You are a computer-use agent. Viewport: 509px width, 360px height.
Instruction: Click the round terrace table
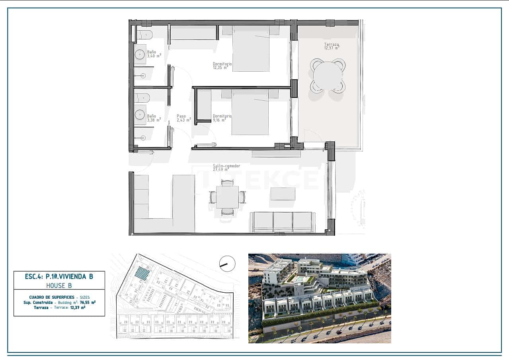click(x=328, y=76)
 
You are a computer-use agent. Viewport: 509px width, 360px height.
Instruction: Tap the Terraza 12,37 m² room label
click(x=332, y=46)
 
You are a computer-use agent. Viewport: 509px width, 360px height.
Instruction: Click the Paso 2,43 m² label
click(x=183, y=118)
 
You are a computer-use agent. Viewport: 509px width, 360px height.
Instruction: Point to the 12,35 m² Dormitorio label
click(x=222, y=66)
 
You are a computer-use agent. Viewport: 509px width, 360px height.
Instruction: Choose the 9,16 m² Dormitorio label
click(x=222, y=118)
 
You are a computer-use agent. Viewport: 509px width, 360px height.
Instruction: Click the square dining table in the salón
click(x=227, y=197)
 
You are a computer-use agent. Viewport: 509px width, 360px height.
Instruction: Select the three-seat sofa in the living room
click(x=283, y=221)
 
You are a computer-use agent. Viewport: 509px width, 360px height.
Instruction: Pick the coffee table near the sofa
click(x=283, y=194)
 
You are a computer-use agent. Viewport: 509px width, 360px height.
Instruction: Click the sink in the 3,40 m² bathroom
click(x=140, y=54)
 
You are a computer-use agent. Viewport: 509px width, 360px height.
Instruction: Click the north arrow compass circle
click(x=227, y=264)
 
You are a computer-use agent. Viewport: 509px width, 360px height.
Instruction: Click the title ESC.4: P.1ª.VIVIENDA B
click(x=59, y=276)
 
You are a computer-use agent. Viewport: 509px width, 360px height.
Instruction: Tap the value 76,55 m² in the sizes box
click(x=88, y=303)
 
